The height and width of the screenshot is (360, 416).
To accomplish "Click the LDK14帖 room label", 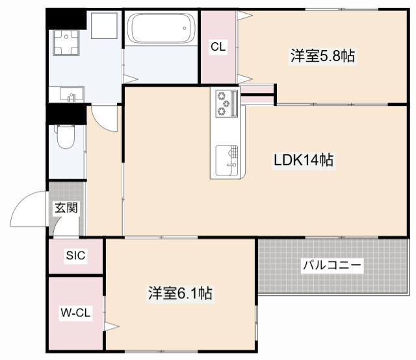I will tap(303, 160).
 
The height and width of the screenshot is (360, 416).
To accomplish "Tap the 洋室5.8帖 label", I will tap(322, 57).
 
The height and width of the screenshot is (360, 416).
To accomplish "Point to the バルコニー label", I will tap(331, 265).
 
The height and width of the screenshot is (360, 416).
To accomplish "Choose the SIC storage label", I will tap(75, 255).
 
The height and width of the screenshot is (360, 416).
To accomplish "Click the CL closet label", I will tap(218, 46).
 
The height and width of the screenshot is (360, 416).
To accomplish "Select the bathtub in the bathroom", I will tap(160, 29).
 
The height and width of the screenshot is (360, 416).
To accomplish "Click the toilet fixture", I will tap(66, 136).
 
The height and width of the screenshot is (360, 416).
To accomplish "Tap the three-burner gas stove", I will tap(224, 103).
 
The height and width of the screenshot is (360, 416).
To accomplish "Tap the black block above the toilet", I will tap(66, 114).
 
